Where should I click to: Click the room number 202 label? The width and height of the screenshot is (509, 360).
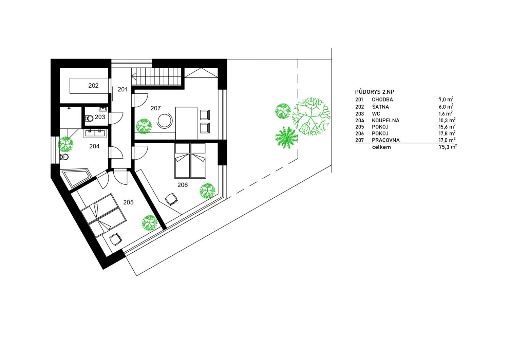(93, 86)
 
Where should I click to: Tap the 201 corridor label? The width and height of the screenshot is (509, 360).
(123, 90)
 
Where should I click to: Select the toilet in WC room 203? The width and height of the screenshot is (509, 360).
(89, 119)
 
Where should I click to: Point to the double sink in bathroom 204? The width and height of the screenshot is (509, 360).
(95, 133)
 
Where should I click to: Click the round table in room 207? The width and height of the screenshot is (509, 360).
(165, 121)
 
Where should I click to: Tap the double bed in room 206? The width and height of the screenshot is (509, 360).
(190, 161)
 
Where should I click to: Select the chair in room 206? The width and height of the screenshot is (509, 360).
(171, 199)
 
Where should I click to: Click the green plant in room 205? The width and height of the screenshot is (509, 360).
(150, 223)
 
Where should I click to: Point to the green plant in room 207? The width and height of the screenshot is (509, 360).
(144, 126)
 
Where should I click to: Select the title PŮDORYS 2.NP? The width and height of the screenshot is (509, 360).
(375, 92)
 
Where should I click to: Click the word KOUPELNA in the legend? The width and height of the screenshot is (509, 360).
(385, 121)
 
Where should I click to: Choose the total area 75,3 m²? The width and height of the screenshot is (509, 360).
(448, 147)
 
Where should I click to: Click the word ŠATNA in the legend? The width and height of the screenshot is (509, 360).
(380, 106)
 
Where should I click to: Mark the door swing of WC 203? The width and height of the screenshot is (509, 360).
(117, 118)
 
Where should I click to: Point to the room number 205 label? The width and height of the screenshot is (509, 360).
(128, 202)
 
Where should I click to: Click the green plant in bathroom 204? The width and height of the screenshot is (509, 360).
(65, 144)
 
